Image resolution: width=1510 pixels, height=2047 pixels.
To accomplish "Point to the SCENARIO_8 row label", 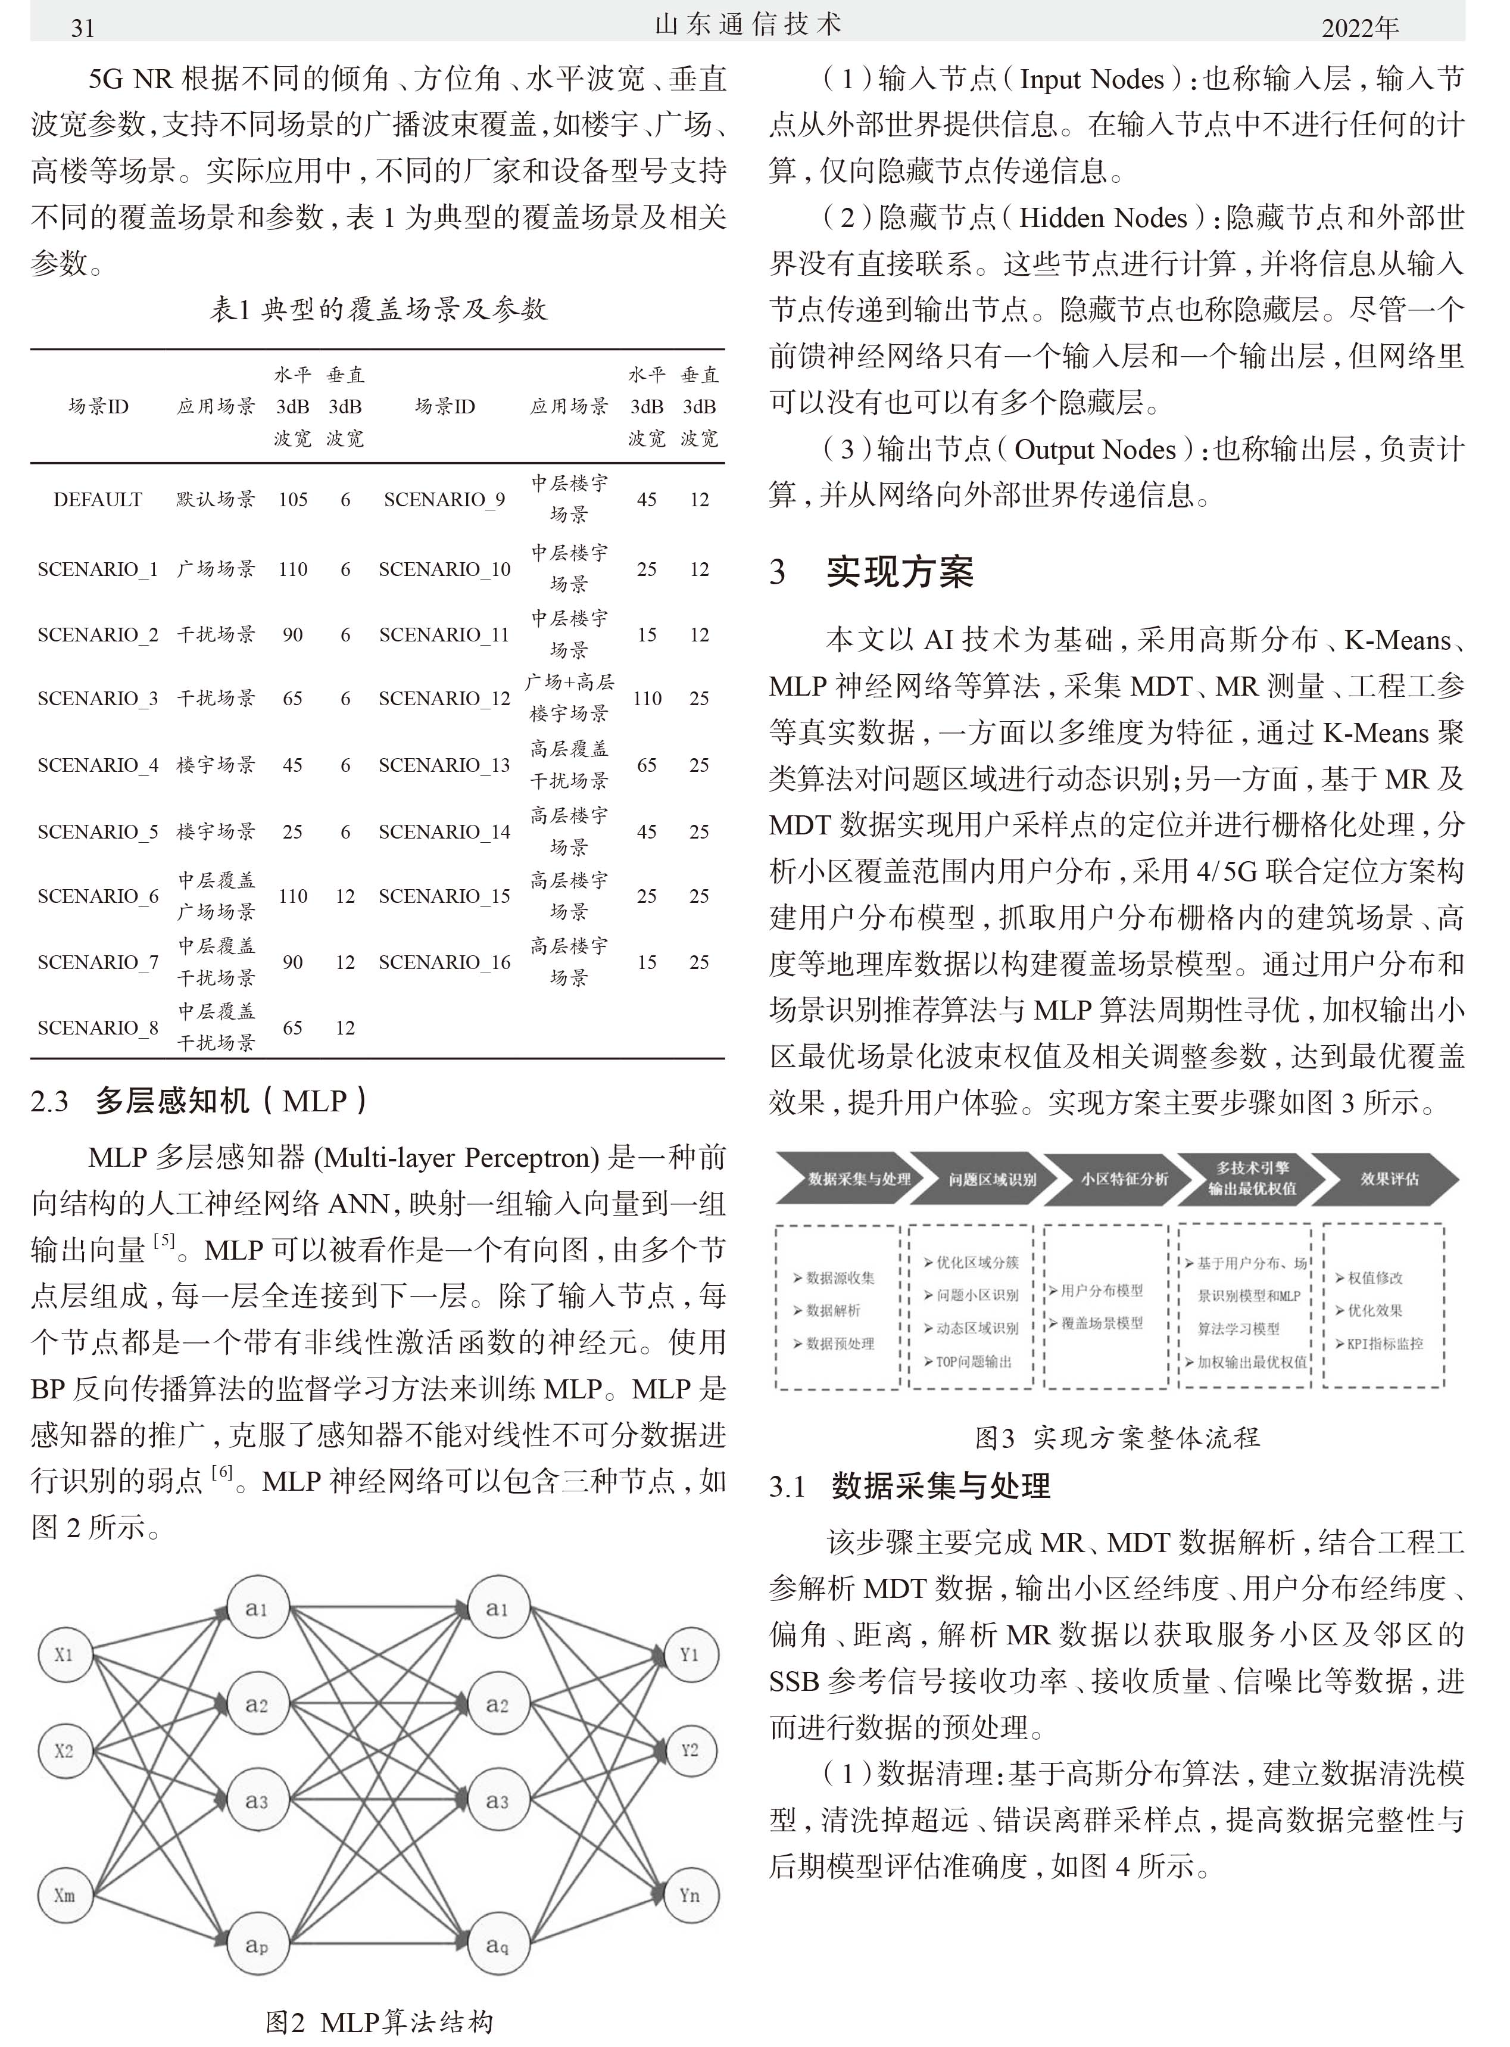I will [x=98, y=1027].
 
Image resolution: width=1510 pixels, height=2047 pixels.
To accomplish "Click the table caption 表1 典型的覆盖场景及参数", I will [x=379, y=309].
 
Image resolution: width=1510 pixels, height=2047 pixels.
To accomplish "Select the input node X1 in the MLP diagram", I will [x=64, y=1654].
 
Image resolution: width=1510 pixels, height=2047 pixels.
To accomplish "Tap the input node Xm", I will [x=64, y=1895].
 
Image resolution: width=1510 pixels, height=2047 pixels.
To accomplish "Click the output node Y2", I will [x=689, y=1750].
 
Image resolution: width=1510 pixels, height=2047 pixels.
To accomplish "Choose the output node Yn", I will [x=689, y=1895].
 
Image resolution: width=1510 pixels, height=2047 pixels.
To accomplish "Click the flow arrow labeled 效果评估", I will [x=1387, y=1179].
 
